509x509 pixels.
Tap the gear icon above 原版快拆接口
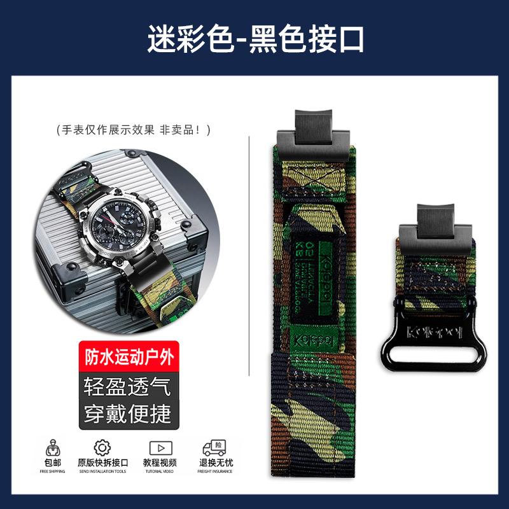102,447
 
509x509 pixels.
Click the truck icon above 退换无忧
214,447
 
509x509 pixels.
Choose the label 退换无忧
214,463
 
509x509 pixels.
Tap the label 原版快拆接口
102,463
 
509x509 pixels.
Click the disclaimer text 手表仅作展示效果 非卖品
133,130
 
